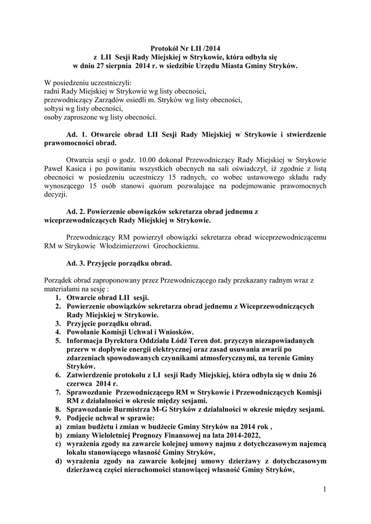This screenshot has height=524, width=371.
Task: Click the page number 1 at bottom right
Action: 324,489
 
